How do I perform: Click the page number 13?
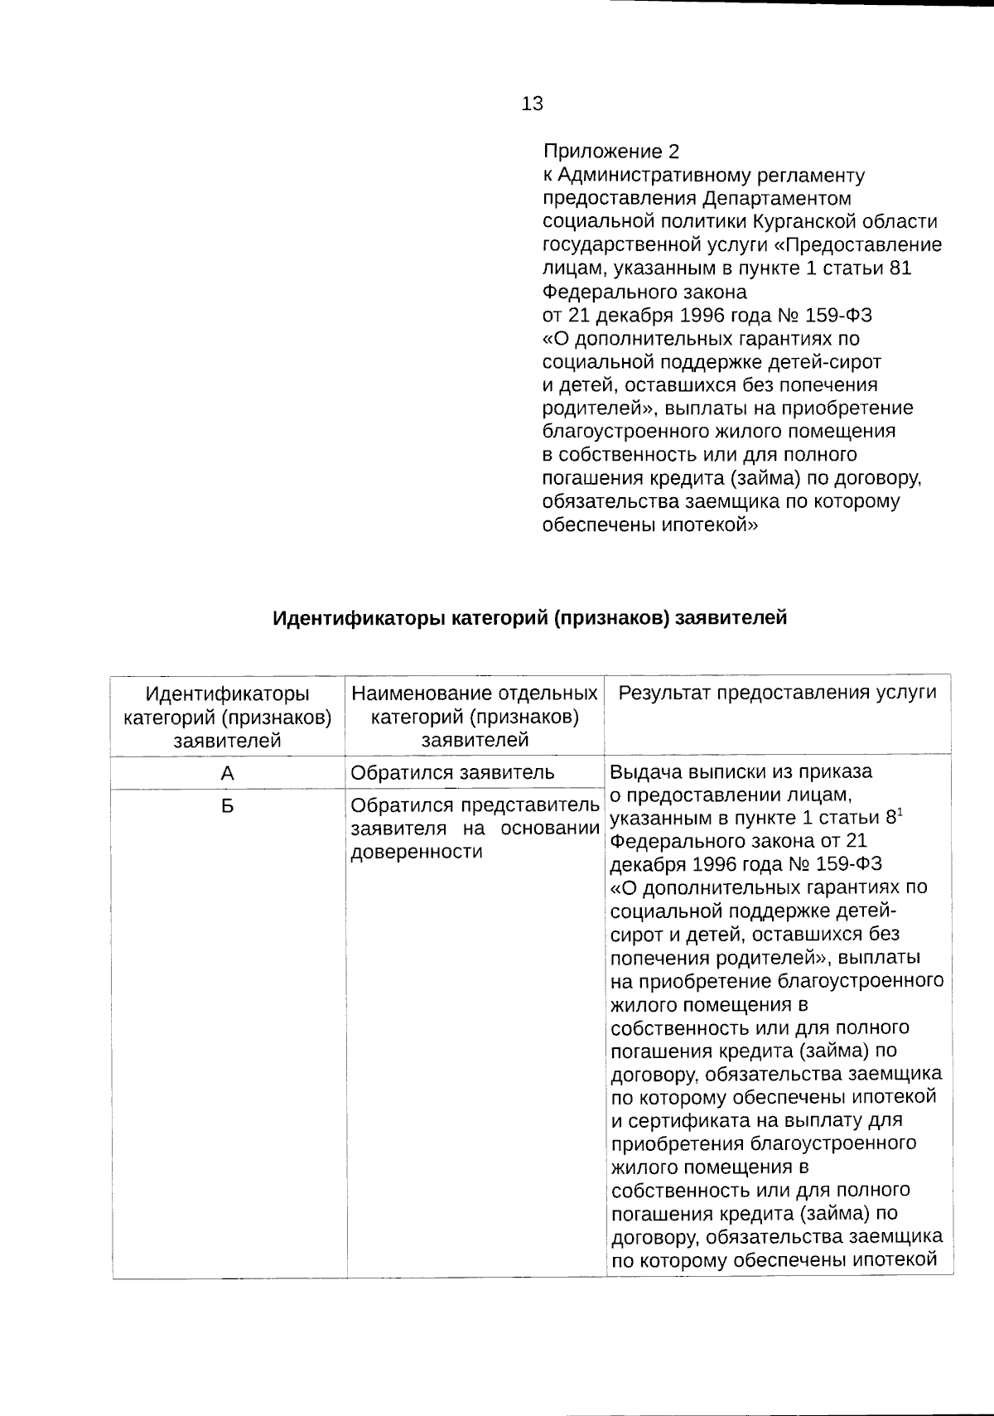click(x=533, y=104)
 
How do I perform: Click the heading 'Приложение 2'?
click(x=610, y=152)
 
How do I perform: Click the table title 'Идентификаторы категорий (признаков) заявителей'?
click(x=530, y=618)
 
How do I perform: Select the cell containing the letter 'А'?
click(x=228, y=774)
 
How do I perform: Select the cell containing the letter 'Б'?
click(x=228, y=806)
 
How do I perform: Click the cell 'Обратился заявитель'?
click(x=452, y=774)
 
